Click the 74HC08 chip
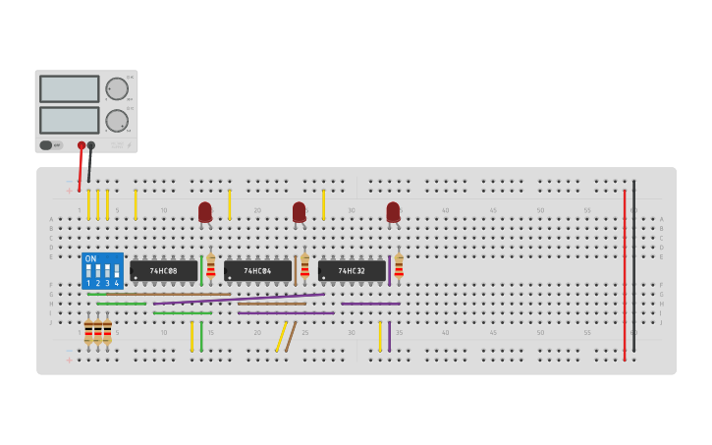pos(163,270)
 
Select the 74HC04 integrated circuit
pos(257,270)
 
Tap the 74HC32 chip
pos(352,270)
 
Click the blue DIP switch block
pos(102,270)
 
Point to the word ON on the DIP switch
pos(91,258)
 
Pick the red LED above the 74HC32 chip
pos(393,211)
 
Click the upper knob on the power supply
pos(117,88)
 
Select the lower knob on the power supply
pos(117,121)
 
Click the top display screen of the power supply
pos(69,88)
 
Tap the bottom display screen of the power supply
pos(69,120)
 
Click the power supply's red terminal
pos(82,145)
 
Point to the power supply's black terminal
pos(91,145)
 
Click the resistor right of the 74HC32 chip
pos(399,266)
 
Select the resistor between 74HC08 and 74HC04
pos(210,266)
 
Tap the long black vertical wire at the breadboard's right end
pos(633,265)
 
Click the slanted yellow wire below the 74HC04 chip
pos(281,336)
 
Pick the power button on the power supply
pos(46,145)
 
